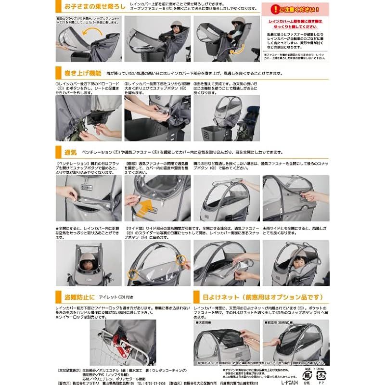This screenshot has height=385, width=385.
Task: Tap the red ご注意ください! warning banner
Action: pyautogui.click(x=292, y=9)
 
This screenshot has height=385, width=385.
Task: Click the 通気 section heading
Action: pyautogui.click(x=71, y=152)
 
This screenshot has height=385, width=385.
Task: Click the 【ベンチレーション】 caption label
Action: pyautogui.click(x=72, y=164)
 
